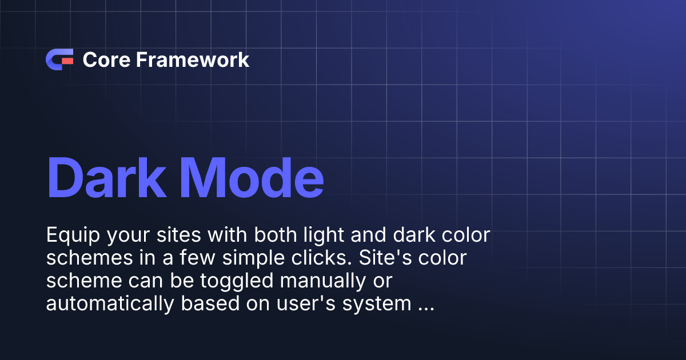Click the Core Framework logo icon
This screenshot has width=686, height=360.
click(x=59, y=59)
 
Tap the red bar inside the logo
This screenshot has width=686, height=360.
click(x=67, y=59)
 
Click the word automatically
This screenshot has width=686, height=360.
click(x=109, y=304)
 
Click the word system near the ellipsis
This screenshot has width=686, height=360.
click(x=378, y=304)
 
